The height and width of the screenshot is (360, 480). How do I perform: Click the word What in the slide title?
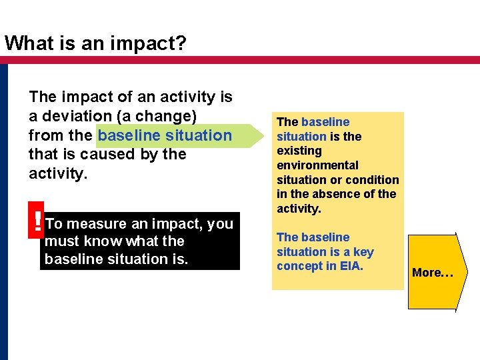(27, 43)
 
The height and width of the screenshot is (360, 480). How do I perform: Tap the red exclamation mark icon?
(37, 222)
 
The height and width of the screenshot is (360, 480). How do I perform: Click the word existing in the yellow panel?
(298, 151)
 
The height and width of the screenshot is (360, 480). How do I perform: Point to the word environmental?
(317, 165)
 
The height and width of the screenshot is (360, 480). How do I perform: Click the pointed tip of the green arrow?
(261, 135)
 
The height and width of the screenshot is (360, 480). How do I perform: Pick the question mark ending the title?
(181, 43)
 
